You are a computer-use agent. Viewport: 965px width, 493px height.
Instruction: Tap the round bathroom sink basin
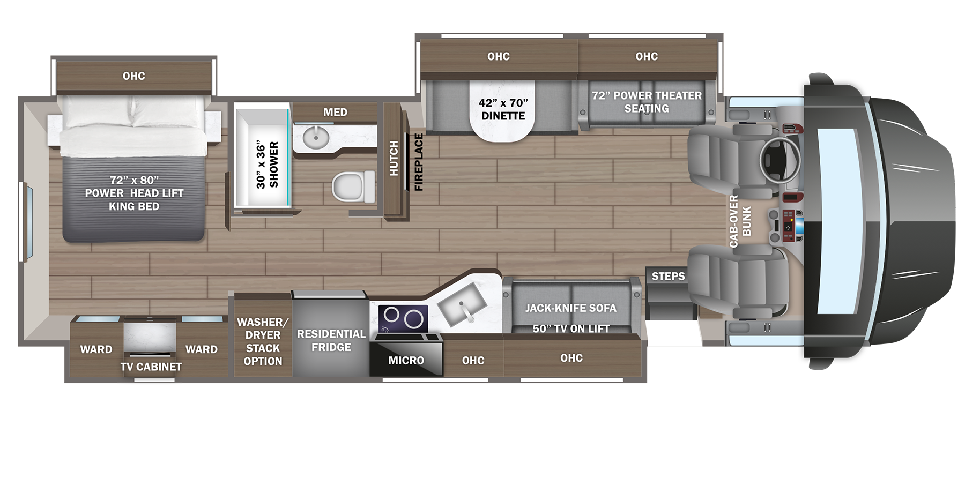(316, 138)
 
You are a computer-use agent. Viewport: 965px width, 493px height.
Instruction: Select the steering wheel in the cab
(780, 160)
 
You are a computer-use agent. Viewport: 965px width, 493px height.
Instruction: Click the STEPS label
(668, 277)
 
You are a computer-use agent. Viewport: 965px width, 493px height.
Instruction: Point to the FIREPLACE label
(419, 162)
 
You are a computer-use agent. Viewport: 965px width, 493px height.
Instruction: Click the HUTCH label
(394, 159)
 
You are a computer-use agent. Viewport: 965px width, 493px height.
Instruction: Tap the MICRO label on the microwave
(406, 361)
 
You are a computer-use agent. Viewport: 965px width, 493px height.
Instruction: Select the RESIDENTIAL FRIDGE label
(331, 340)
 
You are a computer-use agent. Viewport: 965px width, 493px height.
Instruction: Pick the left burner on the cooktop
(391, 315)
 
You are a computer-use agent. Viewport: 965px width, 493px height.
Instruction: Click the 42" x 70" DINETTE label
(503, 109)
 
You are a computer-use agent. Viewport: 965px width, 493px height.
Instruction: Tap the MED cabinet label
(335, 113)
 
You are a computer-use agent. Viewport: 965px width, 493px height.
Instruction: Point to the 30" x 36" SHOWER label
(267, 165)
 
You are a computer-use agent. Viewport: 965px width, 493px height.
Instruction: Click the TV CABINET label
(151, 367)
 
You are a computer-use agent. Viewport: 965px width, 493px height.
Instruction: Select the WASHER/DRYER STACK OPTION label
(263, 341)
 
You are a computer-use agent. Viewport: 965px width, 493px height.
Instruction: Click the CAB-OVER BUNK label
(740, 221)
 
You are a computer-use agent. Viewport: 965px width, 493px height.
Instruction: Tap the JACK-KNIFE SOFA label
(570, 308)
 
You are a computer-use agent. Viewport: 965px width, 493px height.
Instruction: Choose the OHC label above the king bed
(133, 76)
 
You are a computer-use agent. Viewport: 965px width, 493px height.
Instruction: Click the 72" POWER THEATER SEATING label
(647, 102)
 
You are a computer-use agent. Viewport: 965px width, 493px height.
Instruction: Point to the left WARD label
(96, 349)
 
